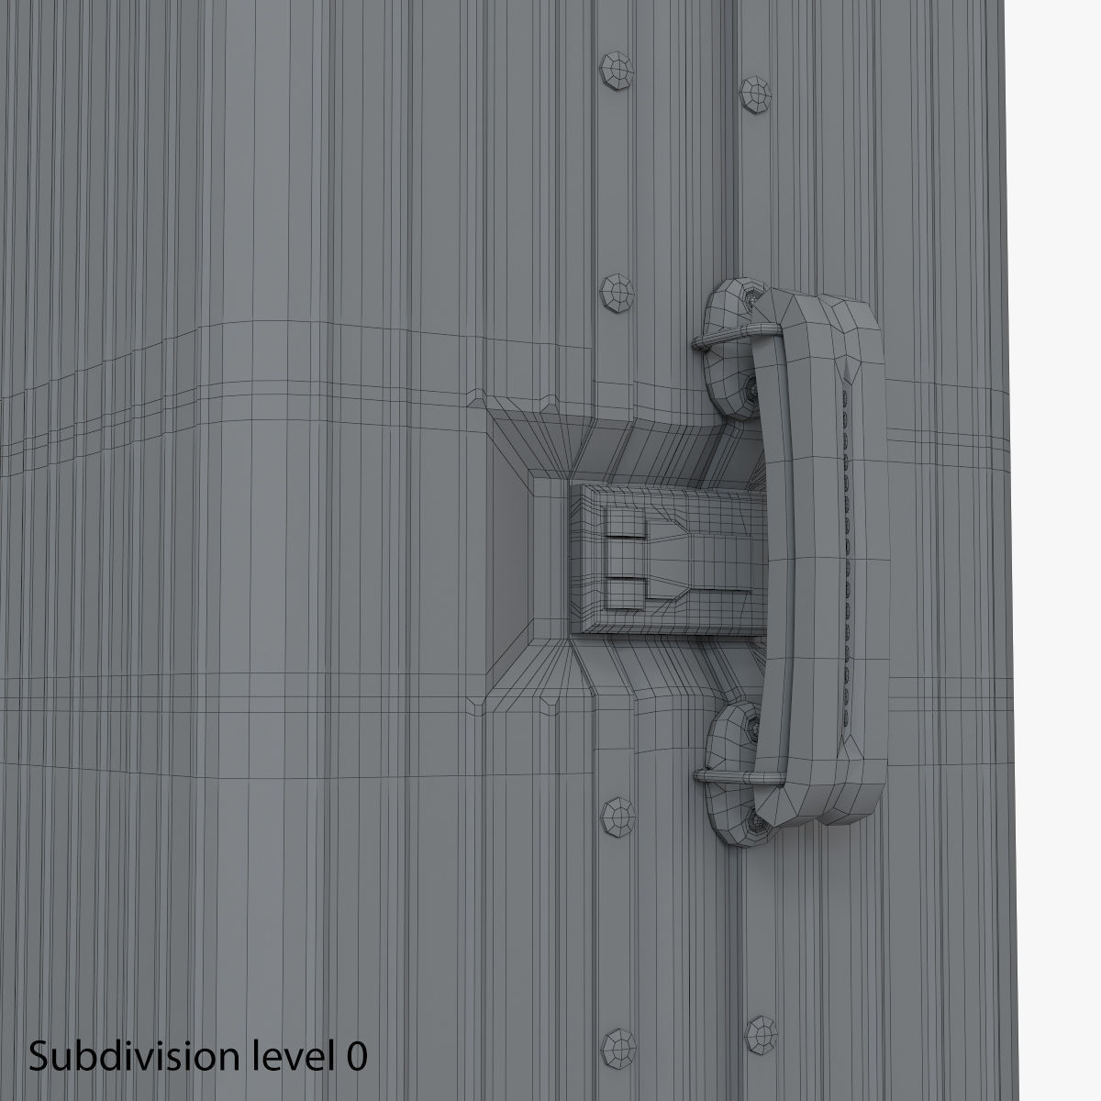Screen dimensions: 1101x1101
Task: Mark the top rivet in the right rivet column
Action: tap(758, 90)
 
